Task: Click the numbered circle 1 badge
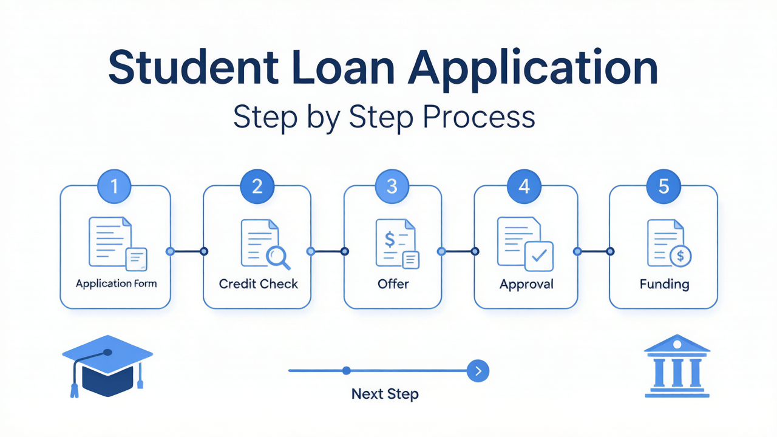click(115, 186)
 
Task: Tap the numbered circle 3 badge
click(392, 186)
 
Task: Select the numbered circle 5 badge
click(663, 186)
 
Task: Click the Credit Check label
click(259, 283)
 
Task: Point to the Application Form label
click(116, 283)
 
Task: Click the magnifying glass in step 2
click(277, 257)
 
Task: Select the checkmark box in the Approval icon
click(539, 256)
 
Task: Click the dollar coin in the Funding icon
click(680, 256)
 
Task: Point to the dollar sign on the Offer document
click(390, 239)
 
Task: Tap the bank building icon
click(677, 366)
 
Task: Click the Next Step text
click(385, 394)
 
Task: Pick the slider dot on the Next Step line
click(346, 371)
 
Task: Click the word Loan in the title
click(344, 67)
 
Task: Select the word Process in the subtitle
click(479, 117)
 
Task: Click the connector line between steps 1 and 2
click(187, 251)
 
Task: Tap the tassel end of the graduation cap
click(74, 391)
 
